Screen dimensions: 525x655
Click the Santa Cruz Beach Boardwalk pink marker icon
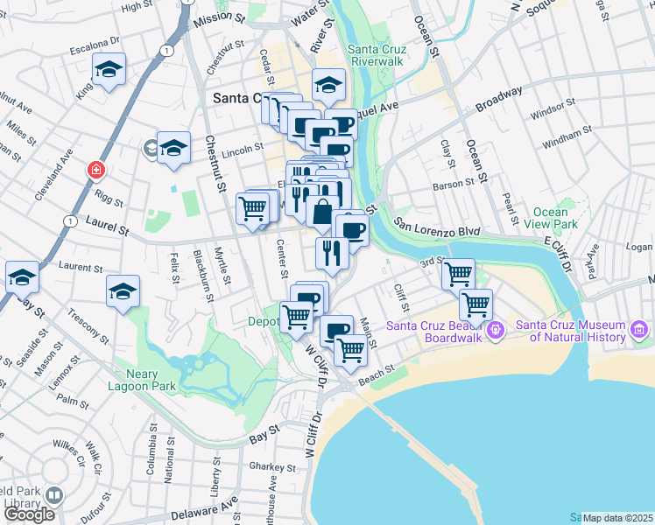click(496, 331)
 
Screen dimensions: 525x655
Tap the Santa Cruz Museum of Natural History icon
click(639, 331)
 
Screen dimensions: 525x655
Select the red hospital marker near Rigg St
click(93, 168)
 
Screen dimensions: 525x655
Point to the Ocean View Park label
click(556, 218)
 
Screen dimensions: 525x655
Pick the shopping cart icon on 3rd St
click(458, 274)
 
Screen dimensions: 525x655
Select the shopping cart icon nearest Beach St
click(350, 349)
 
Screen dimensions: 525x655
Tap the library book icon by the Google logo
click(54, 496)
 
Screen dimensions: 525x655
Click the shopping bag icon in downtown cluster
click(322, 212)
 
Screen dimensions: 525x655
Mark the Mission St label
click(220, 17)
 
